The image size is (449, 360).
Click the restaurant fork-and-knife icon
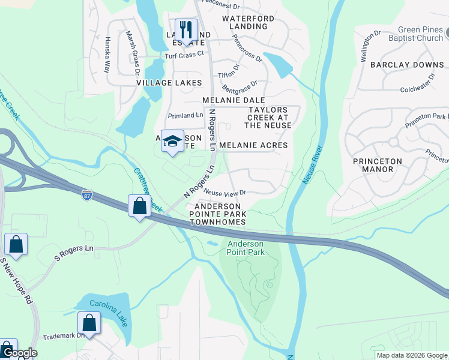pyautogui.click(x=187, y=29)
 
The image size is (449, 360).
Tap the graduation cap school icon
pyautogui.click(x=173, y=141)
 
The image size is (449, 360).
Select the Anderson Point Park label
pyautogui.click(x=245, y=248)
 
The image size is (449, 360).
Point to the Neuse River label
pyautogui.click(x=312, y=164)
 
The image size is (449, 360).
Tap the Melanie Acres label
pyautogui.click(x=253, y=145)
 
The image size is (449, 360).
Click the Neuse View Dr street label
pyautogui.click(x=225, y=193)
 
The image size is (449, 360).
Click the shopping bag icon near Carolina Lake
pyautogui.click(x=89, y=323)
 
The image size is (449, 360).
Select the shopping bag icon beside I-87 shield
pyautogui.click(x=139, y=206)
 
